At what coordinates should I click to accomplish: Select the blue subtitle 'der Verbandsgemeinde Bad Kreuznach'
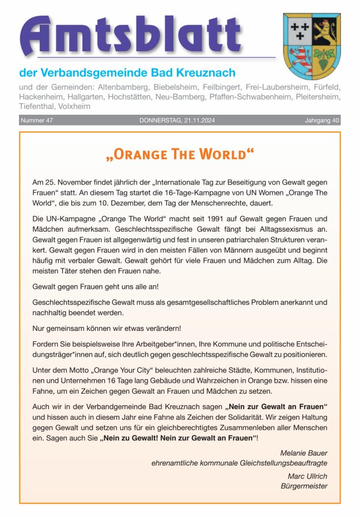pos(127,73)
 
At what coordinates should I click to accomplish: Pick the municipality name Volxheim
pos(74,107)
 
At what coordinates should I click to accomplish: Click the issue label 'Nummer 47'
pos(37,120)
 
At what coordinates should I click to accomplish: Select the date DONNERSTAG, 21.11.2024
pos(180,120)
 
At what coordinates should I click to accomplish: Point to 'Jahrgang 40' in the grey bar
pos(322,120)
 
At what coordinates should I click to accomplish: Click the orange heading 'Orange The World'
pos(180,154)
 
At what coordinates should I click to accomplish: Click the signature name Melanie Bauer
pos(304,452)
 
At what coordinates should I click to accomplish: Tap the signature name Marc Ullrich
pos(308,476)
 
